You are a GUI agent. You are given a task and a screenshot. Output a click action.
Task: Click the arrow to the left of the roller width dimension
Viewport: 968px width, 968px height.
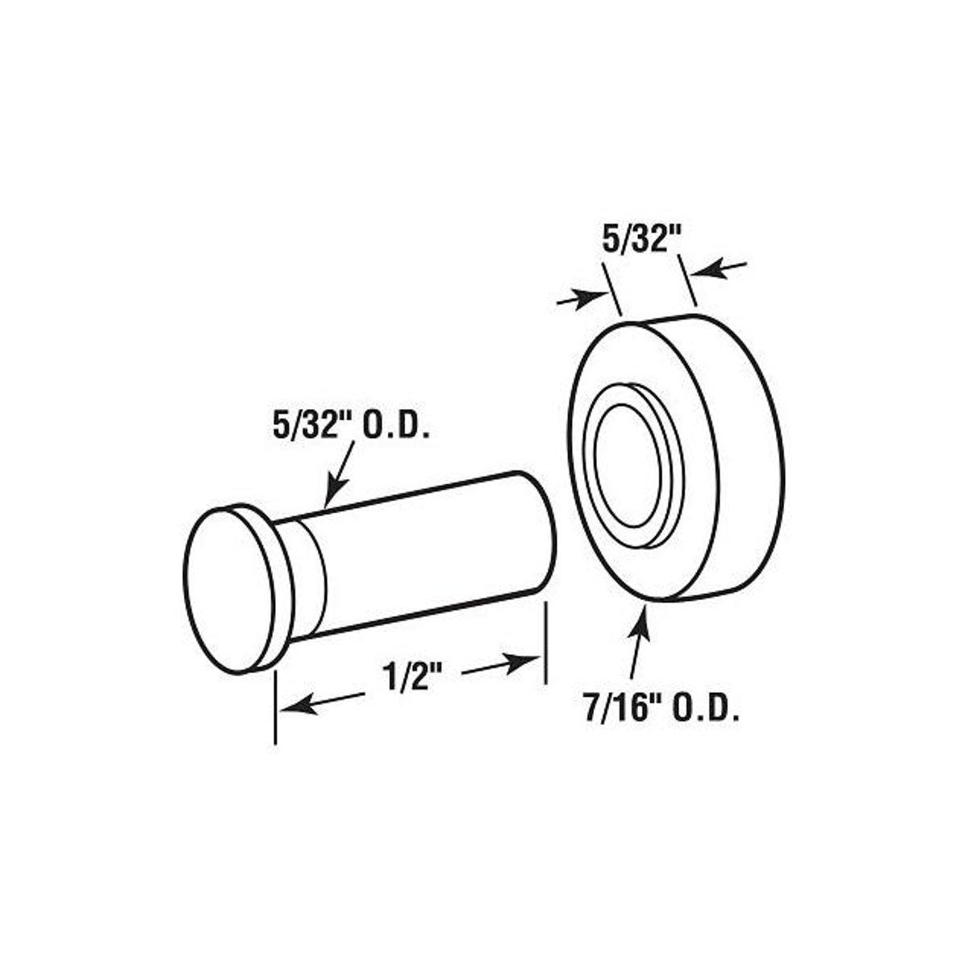point(593,298)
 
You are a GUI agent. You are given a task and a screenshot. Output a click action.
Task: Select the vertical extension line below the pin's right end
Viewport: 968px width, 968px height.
point(546,645)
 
